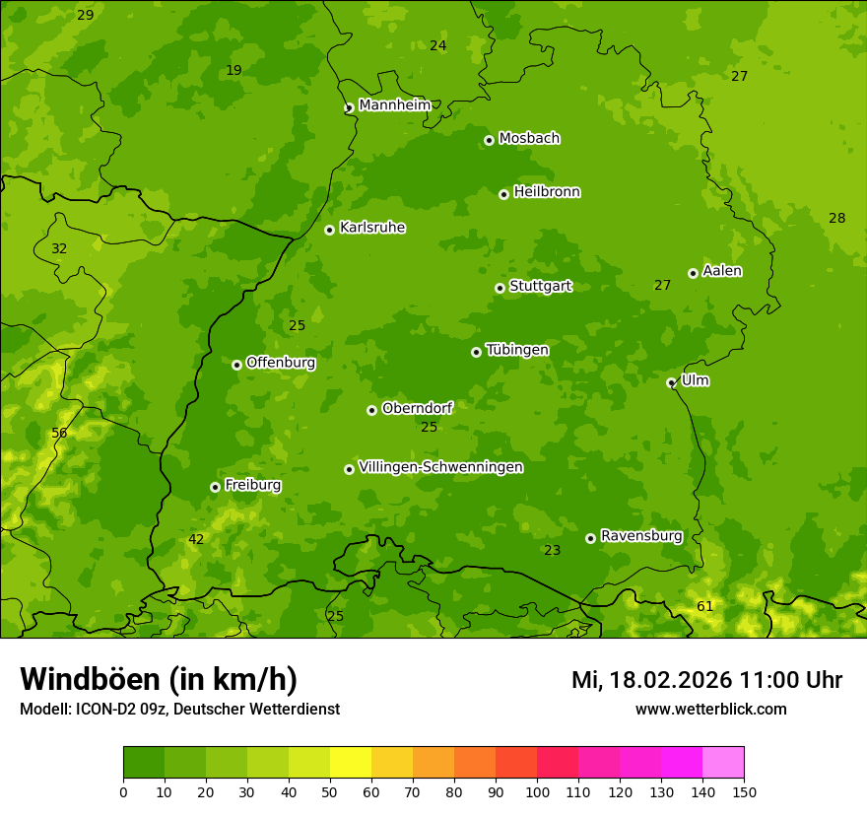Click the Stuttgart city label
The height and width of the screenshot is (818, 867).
point(540,287)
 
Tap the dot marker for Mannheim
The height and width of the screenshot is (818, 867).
point(349,108)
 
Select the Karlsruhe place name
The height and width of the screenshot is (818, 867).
point(372,228)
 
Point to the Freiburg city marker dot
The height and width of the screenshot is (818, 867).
point(215,487)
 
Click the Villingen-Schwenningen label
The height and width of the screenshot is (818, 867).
point(440,467)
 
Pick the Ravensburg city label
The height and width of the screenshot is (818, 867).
point(641,536)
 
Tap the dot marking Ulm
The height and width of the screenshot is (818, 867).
point(671,382)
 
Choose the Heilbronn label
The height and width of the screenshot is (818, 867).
point(547,192)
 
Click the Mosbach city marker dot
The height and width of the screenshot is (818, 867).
point(489,140)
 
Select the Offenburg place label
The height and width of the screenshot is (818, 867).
point(281,363)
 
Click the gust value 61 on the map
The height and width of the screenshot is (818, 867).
point(704,606)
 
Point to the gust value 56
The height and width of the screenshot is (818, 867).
point(59,433)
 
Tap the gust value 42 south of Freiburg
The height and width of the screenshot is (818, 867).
point(196,539)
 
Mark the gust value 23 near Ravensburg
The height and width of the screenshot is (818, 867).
point(552,550)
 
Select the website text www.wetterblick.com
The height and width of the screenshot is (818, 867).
point(710,709)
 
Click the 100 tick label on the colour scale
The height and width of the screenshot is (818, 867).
point(537,791)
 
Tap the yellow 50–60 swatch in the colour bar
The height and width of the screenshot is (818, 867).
point(351,763)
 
